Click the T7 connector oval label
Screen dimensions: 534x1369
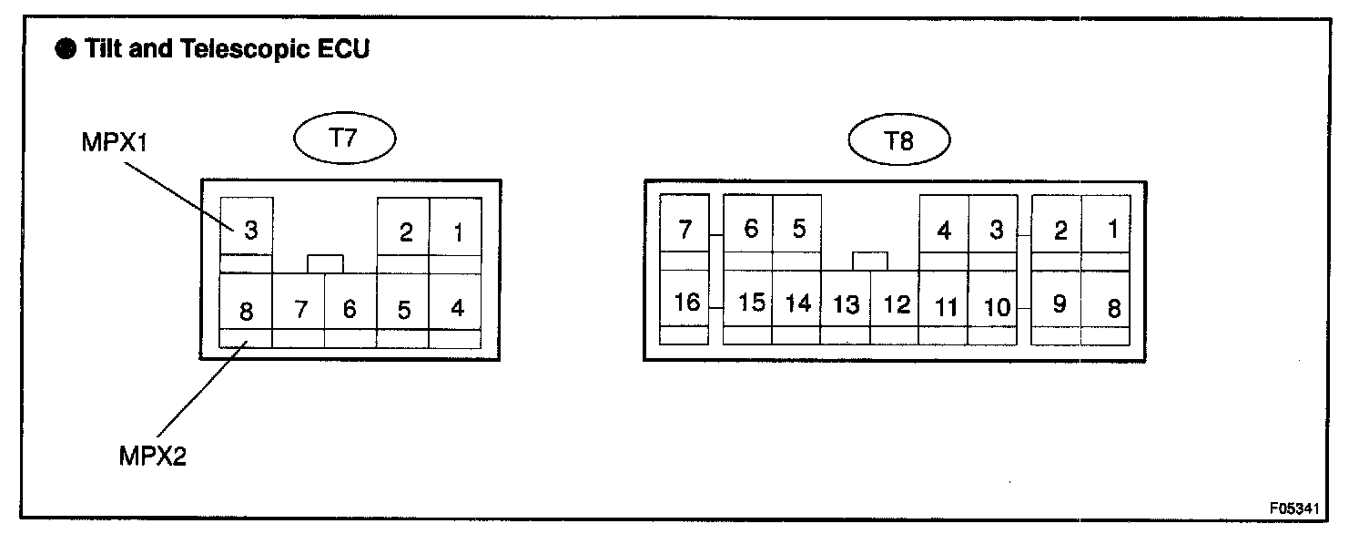click(344, 140)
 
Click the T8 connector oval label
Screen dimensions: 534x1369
click(898, 141)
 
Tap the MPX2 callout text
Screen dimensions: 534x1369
click(152, 456)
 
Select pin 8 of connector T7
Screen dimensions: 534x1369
click(246, 311)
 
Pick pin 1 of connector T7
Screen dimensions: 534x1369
click(457, 233)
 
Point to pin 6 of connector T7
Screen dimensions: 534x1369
click(350, 310)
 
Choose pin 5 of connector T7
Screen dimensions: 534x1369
click(403, 310)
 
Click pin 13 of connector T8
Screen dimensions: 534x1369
click(846, 304)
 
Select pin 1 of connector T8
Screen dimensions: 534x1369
click(1111, 230)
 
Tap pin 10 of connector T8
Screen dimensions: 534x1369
click(997, 307)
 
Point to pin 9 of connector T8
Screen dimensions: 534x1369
click(1059, 303)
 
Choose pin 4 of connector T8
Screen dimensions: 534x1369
click(944, 231)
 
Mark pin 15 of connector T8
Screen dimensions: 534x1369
click(750, 303)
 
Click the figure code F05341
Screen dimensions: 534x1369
click(1299, 508)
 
